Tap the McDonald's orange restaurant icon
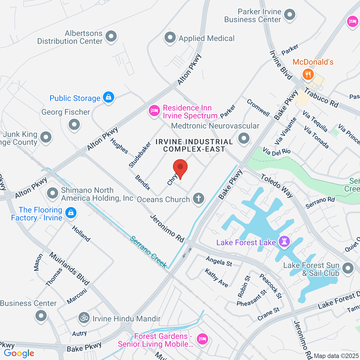click(308, 74)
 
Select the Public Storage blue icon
click(108, 97)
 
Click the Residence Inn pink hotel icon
click(154, 111)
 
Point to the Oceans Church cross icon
click(198, 199)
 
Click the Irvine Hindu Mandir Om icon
click(84, 318)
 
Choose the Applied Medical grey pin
click(170, 38)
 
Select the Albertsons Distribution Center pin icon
click(111, 37)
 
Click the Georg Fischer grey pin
click(74, 124)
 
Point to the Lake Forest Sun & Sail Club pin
click(348, 268)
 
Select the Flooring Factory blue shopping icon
click(71, 213)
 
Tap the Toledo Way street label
click(277, 186)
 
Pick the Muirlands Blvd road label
click(69, 268)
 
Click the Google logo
click(19, 353)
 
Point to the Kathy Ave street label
click(216, 278)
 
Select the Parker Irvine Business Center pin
click(290, 15)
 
